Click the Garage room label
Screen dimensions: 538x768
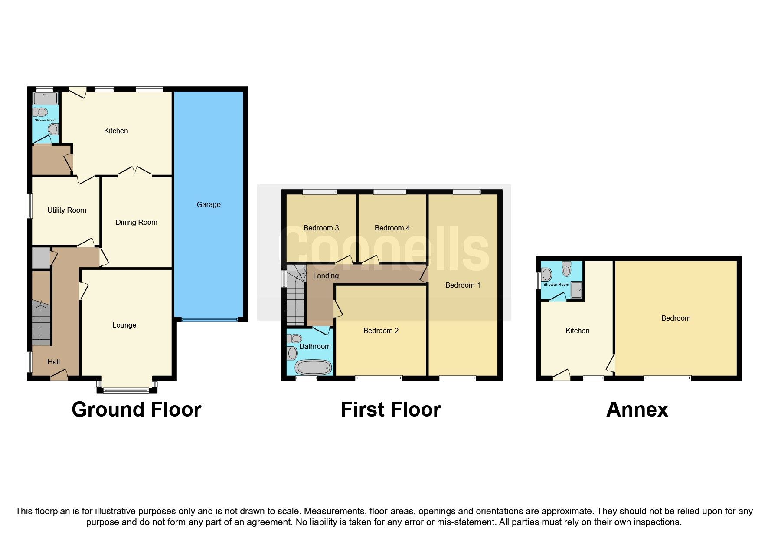click(x=209, y=204)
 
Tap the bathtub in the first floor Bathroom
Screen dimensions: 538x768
click(x=313, y=368)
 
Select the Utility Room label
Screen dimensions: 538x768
click(x=66, y=210)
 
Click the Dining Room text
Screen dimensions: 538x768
click(x=136, y=222)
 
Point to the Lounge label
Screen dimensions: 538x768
click(x=124, y=325)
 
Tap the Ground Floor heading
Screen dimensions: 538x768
click(x=136, y=410)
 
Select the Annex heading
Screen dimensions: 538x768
click(x=637, y=410)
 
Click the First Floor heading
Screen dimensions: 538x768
click(x=390, y=410)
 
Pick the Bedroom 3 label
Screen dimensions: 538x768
click(x=321, y=228)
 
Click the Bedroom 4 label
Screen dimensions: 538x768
click(x=392, y=228)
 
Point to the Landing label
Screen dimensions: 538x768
click(x=326, y=276)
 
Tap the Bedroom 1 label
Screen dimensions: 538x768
click(x=463, y=285)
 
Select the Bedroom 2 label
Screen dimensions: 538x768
click(x=381, y=331)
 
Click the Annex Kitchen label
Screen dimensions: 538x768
click(x=577, y=331)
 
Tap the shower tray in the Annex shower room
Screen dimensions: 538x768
click(x=576, y=290)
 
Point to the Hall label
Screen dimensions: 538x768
click(x=54, y=362)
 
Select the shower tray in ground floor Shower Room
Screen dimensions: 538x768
click(x=46, y=98)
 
